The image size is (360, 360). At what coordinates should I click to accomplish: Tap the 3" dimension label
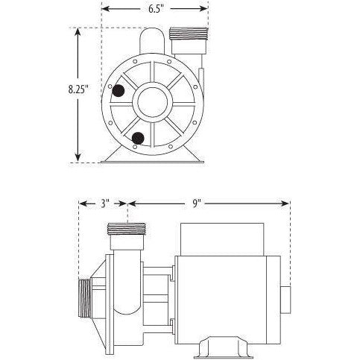point(104,203)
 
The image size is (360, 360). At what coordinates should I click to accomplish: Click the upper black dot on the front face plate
point(118,91)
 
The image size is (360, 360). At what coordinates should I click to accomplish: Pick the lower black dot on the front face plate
point(137,137)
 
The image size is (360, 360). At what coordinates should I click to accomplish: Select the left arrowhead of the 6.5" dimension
point(104,10)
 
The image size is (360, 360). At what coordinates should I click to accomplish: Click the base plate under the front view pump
point(155,158)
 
